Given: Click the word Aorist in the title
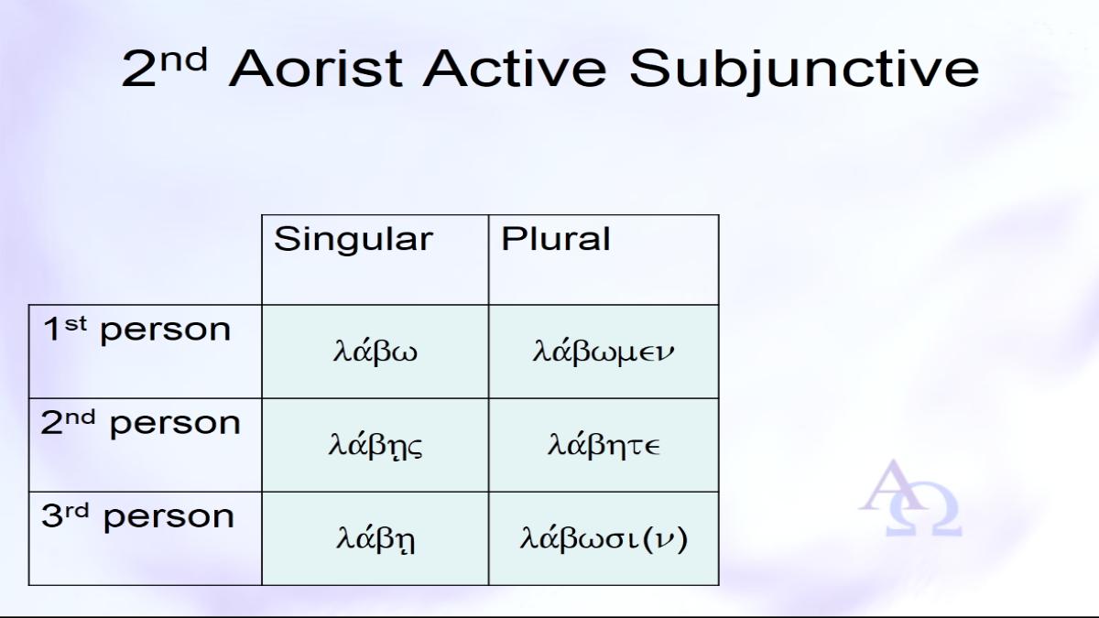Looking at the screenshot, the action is click(315, 69).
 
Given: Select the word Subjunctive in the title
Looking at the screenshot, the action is click(804, 71).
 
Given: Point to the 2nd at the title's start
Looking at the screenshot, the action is click(164, 68).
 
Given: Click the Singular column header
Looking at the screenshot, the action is click(354, 239).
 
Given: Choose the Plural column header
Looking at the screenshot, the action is click(555, 239).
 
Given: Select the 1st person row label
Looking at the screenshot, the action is click(136, 329).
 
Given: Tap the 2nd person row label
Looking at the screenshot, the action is click(140, 423).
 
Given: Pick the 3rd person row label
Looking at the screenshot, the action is click(138, 516).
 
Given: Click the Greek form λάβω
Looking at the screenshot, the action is click(375, 351).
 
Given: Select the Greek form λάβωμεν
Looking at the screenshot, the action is click(604, 352).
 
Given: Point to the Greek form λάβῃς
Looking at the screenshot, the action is click(375, 445).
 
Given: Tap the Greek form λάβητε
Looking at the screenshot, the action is click(604, 445).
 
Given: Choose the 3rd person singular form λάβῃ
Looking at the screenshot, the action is click(375, 539).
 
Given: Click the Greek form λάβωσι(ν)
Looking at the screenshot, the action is click(604, 538).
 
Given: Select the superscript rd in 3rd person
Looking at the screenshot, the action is click(77, 511).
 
